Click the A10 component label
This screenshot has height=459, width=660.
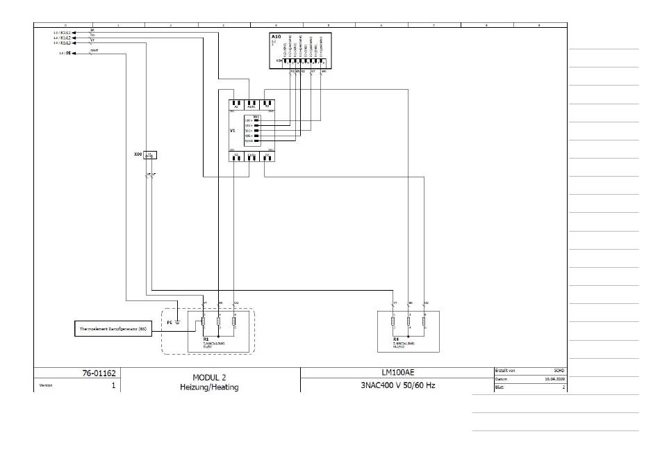tap(276, 36)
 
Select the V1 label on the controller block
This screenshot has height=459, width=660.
tap(233, 130)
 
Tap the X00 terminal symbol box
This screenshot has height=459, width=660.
tap(151, 155)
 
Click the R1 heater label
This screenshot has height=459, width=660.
tap(206, 339)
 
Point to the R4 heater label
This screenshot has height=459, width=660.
tap(395, 339)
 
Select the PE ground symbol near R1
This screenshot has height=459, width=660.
tap(178, 321)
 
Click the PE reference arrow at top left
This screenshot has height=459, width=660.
tap(69, 53)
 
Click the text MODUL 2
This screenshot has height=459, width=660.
tap(209, 376)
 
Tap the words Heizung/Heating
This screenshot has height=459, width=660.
tap(209, 387)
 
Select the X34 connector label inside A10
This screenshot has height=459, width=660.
tap(279, 61)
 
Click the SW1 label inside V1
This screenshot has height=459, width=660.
tap(256, 116)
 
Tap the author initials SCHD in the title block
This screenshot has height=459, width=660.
tap(559, 370)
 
